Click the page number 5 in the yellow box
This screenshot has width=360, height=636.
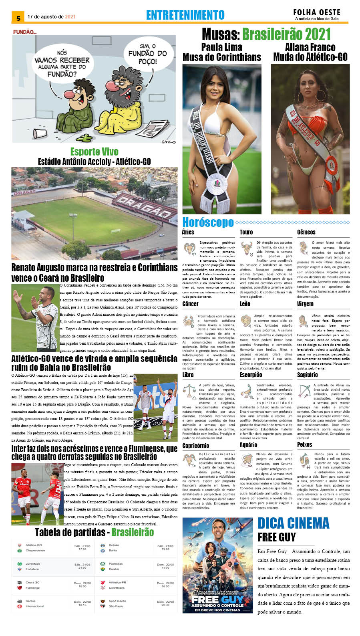pyautogui.click(x=18, y=18)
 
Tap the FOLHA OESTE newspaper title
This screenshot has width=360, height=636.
pyautogui.click(x=316, y=12)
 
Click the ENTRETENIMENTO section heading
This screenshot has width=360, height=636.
pyautogui.click(x=185, y=15)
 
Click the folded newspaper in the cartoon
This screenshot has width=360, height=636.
pyautogui.click(x=151, y=131)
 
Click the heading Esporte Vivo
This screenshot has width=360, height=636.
pyautogui.click(x=94, y=152)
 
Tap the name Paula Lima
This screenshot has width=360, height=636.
pyautogui.click(x=221, y=47)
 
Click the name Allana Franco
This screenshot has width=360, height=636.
pyautogui.click(x=310, y=47)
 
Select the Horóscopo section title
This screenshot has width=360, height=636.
pyautogui.click(x=208, y=222)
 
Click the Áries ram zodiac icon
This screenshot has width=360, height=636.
pyautogui.click(x=189, y=248)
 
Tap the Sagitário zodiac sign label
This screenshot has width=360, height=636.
pyautogui.click(x=307, y=375)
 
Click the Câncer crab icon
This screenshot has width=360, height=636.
pyautogui.click(x=189, y=321)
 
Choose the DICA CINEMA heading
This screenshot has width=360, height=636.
pyautogui.click(x=293, y=523)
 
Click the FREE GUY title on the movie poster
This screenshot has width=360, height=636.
pyautogui.click(x=217, y=600)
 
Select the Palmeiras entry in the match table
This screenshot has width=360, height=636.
pyautogui.click(x=116, y=563)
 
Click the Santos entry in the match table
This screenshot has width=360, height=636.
pyautogui.click(x=30, y=601)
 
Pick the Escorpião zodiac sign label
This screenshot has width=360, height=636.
pyautogui.click(x=251, y=375)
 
